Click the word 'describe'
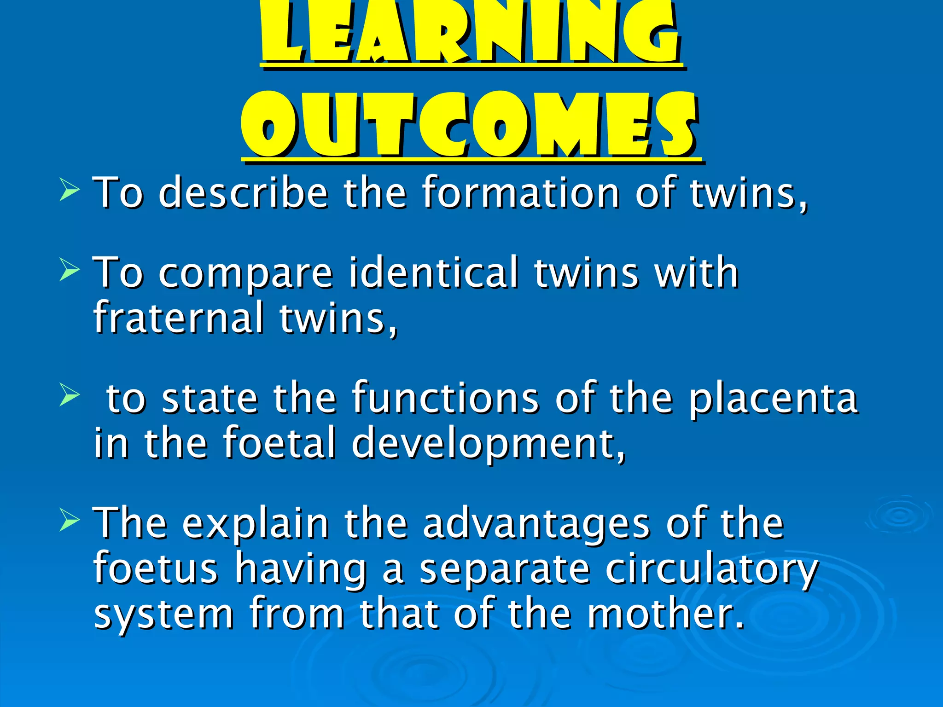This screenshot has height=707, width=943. [243, 193]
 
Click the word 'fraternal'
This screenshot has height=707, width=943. [179, 318]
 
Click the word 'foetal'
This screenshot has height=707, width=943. [280, 443]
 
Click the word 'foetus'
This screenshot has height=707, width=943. [156, 569]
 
